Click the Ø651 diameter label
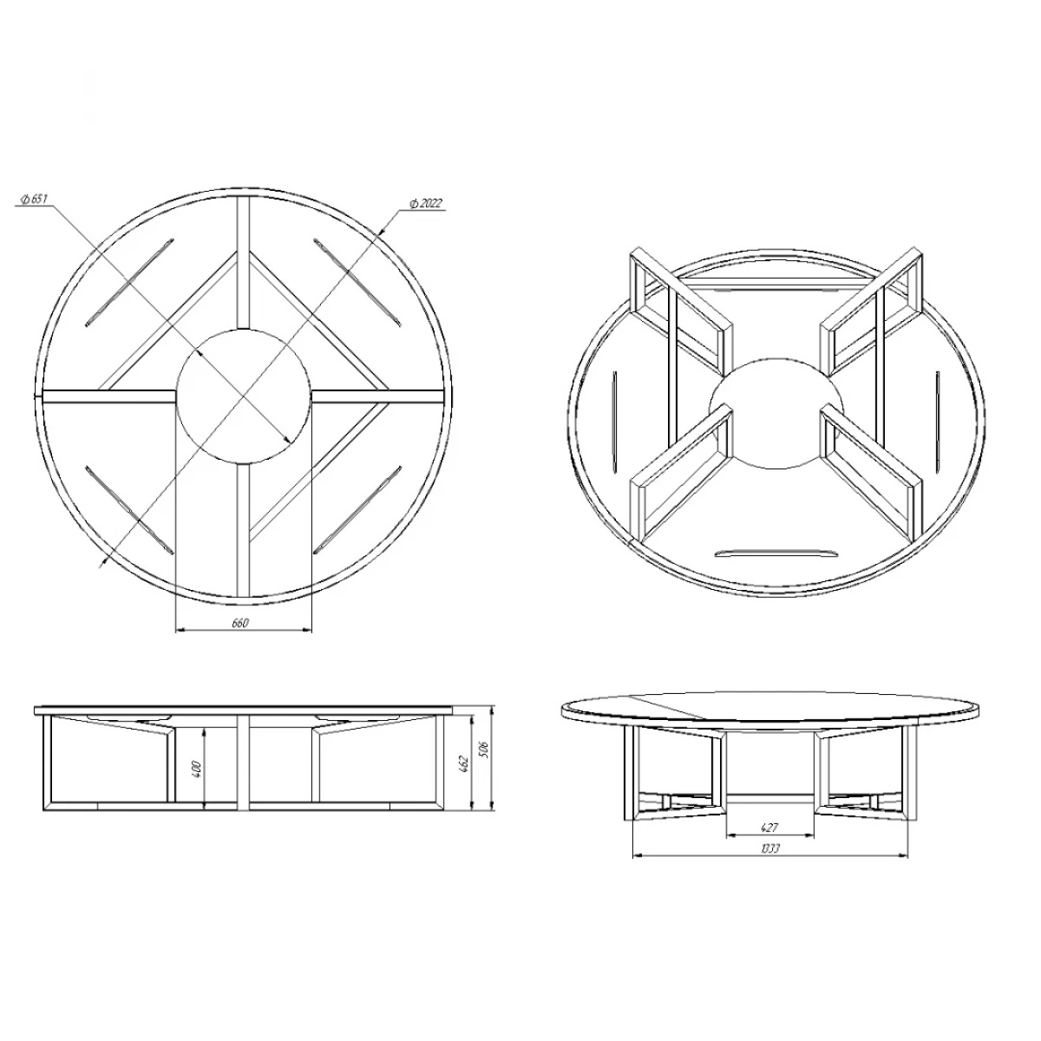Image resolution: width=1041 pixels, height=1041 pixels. (x=35, y=200)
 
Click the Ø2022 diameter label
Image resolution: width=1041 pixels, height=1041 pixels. (x=426, y=204)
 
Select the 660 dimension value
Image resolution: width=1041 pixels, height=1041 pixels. (x=240, y=624)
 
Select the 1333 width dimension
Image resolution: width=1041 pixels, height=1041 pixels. (x=769, y=848)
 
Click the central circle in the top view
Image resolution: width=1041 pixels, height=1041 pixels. (x=244, y=396)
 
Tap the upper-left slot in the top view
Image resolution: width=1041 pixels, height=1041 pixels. (x=129, y=282)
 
